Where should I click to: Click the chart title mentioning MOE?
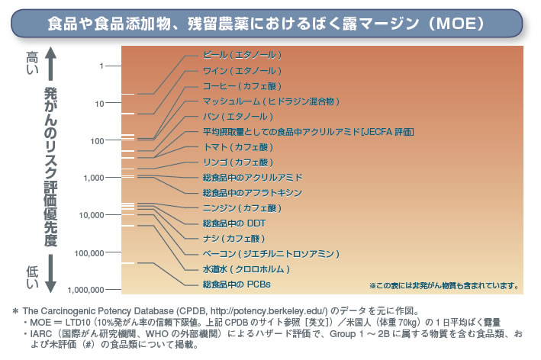pos(270,23)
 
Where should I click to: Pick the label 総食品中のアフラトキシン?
pos(253,193)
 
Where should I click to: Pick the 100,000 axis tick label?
pos(90,252)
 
